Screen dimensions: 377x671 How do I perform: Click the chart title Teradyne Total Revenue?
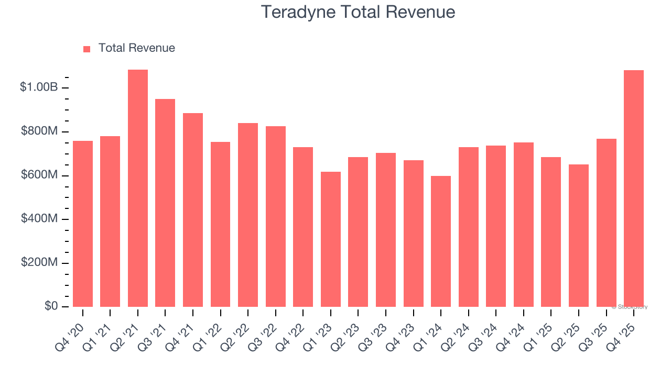(358, 12)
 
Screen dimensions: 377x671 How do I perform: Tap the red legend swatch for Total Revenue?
(87, 49)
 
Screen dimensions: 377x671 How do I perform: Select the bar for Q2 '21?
(138, 188)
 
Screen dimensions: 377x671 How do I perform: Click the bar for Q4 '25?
(634, 188)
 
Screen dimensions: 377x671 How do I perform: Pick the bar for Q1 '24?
(441, 241)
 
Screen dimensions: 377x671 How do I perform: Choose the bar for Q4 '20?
(83, 224)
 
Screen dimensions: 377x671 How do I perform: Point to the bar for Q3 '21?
(165, 203)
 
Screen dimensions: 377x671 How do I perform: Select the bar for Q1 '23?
(331, 239)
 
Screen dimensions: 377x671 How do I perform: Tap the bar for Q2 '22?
(248, 215)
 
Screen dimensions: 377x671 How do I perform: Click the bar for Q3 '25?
(606, 223)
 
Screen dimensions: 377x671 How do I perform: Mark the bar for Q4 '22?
(303, 227)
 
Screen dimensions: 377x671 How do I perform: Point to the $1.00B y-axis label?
(39, 87)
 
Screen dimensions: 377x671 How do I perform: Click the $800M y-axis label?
(39, 131)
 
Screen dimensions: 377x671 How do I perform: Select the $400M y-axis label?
(39, 219)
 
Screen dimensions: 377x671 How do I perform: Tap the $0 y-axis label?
(50, 306)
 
